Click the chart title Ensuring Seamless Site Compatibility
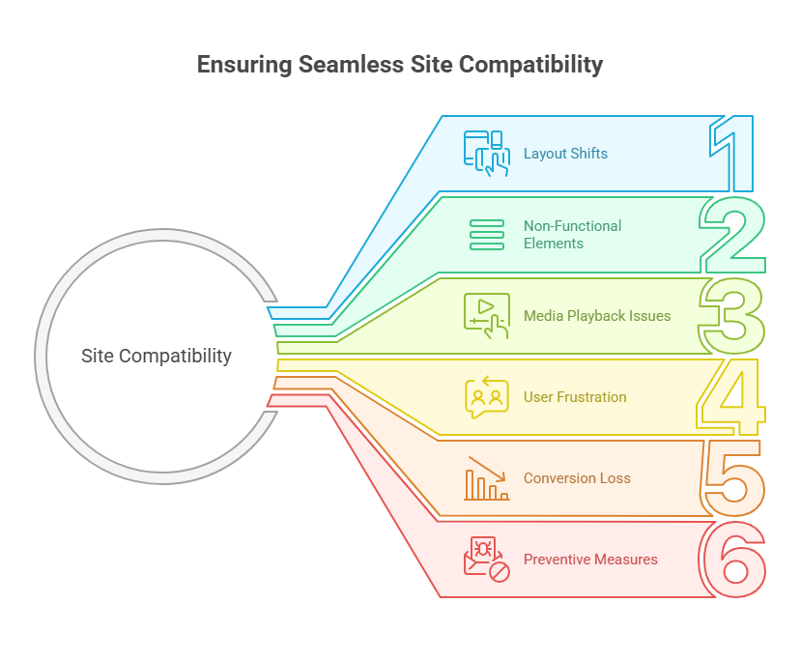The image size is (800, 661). tap(400, 65)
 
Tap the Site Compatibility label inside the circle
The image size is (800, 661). tap(157, 356)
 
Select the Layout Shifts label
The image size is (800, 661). tap(565, 153)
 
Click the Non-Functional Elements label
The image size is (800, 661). tap(572, 235)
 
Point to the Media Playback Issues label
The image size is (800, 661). tap(596, 315)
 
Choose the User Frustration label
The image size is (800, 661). tap(575, 396)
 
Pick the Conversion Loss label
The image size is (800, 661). tap(577, 477)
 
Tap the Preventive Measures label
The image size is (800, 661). tap(590, 559)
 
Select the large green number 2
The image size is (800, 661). tap(733, 235)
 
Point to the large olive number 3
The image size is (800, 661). tap(732, 315)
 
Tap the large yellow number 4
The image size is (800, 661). tap(731, 396)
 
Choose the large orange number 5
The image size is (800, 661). tap(733, 477)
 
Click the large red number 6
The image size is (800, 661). tap(733, 559)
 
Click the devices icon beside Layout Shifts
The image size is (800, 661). tap(486, 153)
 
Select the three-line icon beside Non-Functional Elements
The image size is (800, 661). tap(486, 235)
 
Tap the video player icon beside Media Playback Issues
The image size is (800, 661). tap(486, 315)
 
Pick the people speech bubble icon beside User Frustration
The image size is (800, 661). tap(486, 396)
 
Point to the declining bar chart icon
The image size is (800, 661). tap(486, 477)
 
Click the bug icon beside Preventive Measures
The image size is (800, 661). tap(486, 559)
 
